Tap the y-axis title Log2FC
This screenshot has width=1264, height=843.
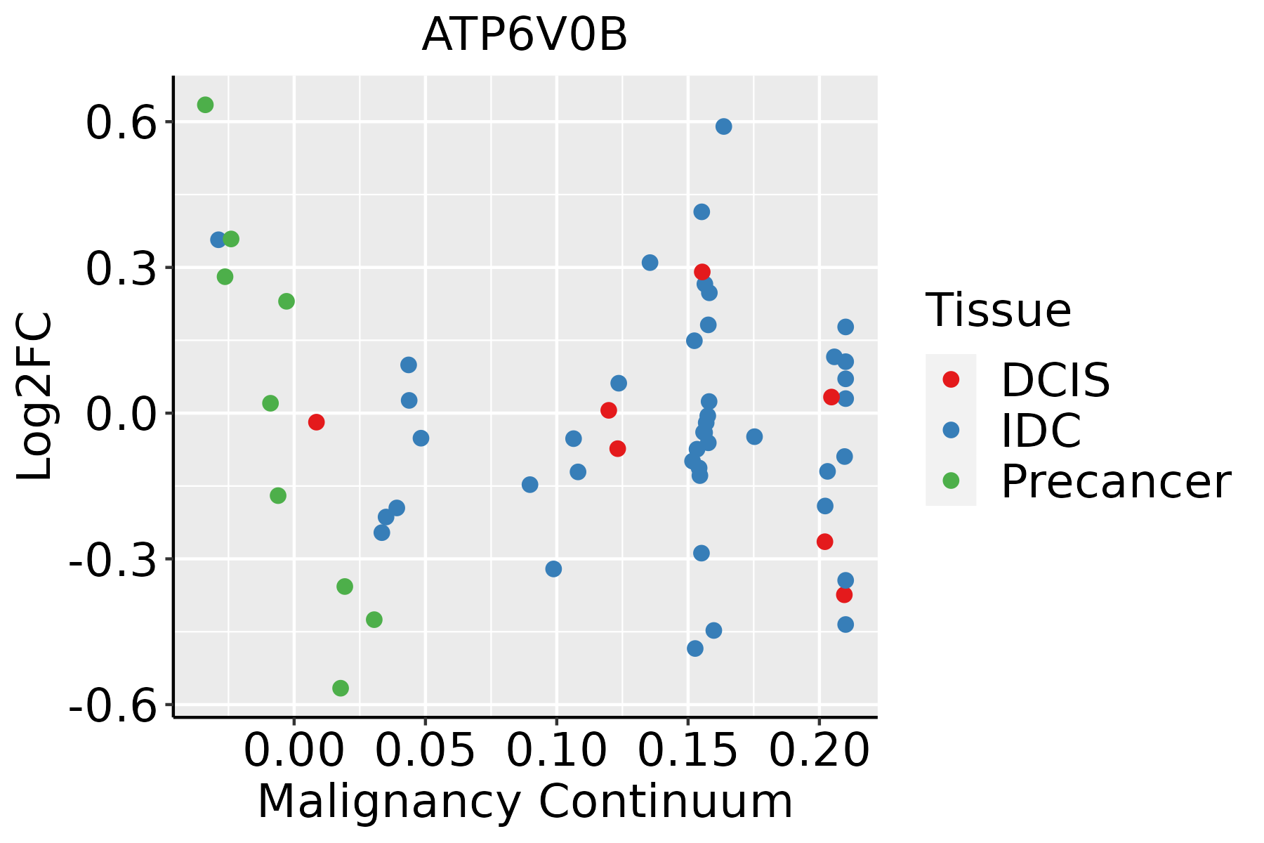pyautogui.click(x=35, y=397)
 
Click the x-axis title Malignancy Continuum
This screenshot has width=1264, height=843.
pyautogui.click(x=525, y=802)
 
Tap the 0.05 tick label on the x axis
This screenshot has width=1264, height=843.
pyautogui.click(x=425, y=751)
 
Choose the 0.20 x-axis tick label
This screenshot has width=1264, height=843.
pyautogui.click(x=819, y=751)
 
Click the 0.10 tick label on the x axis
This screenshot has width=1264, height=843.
pyautogui.click(x=556, y=751)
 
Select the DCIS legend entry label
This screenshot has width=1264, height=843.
pyautogui.click(x=1055, y=380)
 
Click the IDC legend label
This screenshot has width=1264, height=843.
pyautogui.click(x=1041, y=431)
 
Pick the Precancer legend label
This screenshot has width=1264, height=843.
pyautogui.click(x=1115, y=482)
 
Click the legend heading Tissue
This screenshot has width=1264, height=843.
pyautogui.click(x=998, y=310)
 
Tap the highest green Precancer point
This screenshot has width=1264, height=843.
pyautogui.click(x=205, y=105)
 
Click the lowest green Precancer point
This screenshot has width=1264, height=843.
pyautogui.click(x=341, y=688)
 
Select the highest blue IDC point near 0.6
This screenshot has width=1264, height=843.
pyautogui.click(x=723, y=126)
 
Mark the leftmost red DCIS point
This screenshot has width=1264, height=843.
pyautogui.click(x=316, y=422)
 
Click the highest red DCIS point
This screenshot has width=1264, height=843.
pyautogui.click(x=702, y=272)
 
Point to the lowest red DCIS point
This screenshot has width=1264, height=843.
pyautogui.click(x=844, y=595)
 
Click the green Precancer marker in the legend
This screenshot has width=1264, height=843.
pyautogui.click(x=951, y=481)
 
